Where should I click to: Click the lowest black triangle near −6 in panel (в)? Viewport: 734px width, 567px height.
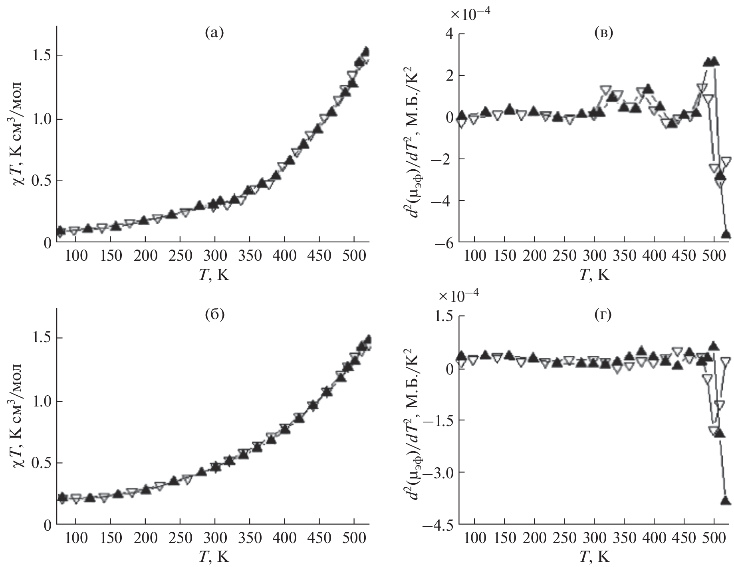tap(726, 235)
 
